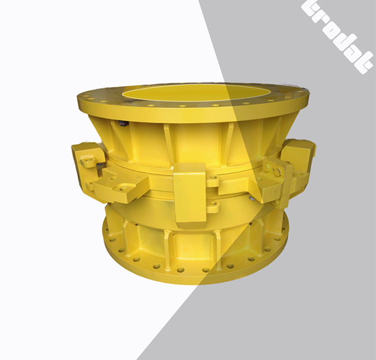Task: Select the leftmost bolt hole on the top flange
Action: [x=82, y=98]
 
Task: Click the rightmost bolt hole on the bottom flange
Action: [x=285, y=235]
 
